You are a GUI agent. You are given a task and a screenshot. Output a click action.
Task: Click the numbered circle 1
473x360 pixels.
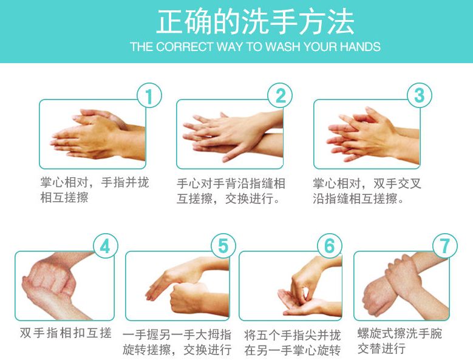(149, 95)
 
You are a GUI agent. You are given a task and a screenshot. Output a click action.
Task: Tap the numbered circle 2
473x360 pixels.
(281, 95)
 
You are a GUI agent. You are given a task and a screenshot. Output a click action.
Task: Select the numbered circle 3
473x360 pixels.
(420, 95)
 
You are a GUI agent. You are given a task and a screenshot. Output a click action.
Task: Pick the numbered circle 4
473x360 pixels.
(105, 246)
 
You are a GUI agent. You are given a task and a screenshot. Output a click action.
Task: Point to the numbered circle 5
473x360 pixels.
(223, 246)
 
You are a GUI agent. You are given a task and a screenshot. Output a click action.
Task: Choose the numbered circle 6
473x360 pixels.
(330, 246)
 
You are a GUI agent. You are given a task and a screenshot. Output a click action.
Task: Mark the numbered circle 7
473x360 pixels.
(445, 246)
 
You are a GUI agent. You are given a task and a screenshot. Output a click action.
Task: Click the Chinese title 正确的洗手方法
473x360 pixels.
(255, 22)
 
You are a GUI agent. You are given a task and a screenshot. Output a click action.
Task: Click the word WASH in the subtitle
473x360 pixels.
(284, 47)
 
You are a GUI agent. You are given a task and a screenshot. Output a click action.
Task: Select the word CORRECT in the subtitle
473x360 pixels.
(185, 47)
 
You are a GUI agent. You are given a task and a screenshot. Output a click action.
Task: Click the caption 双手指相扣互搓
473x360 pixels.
(66, 333)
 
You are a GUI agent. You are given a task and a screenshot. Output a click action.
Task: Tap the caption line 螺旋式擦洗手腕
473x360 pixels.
(400, 333)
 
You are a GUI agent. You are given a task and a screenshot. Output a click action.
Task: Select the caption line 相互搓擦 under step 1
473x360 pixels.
(64, 198)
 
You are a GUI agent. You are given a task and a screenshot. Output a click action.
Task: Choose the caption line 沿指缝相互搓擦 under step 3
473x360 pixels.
(358, 199)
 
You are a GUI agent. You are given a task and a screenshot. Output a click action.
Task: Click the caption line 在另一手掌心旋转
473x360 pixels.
(292, 350)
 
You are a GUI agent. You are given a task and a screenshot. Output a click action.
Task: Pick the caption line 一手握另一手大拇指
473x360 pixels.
(177, 335)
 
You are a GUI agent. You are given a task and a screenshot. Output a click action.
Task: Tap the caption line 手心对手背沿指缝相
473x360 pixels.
(231, 183)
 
